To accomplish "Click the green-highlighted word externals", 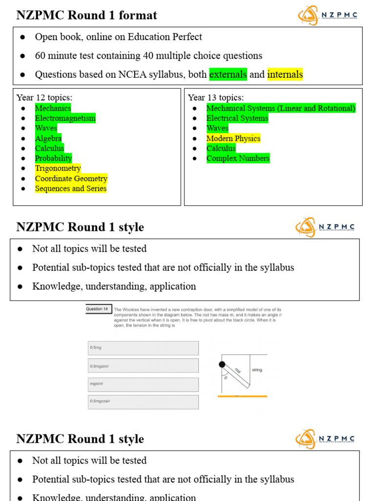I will click(x=228, y=74).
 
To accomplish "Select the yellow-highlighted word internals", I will click(x=285, y=74).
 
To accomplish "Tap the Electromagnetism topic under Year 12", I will click(x=65, y=118).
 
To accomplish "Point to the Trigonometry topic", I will click(x=58, y=168).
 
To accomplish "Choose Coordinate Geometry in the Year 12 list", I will click(x=71, y=179).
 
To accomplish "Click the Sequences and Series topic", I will click(x=70, y=188).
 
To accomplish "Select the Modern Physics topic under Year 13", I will click(x=233, y=138).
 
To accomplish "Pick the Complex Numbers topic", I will click(x=238, y=158).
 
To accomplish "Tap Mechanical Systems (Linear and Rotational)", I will click(x=281, y=108).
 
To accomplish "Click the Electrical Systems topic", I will click(x=237, y=118).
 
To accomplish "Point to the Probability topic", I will click(x=53, y=158).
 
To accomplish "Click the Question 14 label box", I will click(x=98, y=309).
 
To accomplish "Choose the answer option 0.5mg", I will click(x=143, y=348).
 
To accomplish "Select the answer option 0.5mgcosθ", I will click(x=143, y=402).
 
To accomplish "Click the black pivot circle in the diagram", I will click(x=222, y=364).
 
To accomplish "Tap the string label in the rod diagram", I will click(x=257, y=370).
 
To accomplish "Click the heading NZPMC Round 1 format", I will click(x=86, y=15).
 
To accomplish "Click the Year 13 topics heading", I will click(x=215, y=97).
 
